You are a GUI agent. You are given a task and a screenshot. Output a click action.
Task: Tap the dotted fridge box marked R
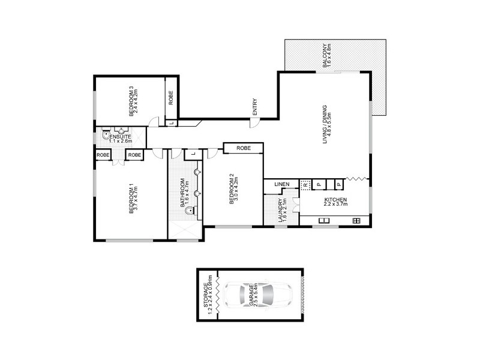click(x=305, y=185)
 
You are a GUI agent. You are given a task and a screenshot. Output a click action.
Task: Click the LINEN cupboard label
click(x=282, y=184)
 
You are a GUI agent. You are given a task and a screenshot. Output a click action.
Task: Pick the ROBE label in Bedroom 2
click(x=243, y=148)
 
